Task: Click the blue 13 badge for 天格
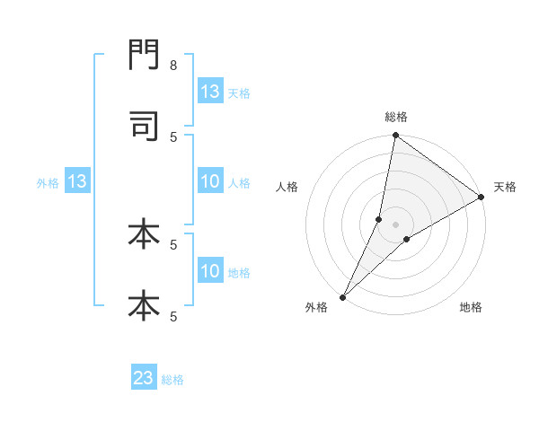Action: click(x=210, y=92)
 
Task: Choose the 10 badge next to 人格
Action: click(x=210, y=181)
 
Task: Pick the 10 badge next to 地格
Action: click(x=210, y=271)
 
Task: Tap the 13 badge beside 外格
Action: click(x=77, y=181)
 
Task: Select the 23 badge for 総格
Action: click(x=144, y=378)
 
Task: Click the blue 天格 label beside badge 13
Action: click(x=239, y=92)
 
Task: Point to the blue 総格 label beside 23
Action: click(x=172, y=379)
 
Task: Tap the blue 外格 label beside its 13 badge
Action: click(x=48, y=182)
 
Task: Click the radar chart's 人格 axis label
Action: click(x=287, y=187)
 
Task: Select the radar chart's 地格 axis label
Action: click(x=471, y=307)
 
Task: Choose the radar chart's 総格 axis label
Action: click(x=396, y=117)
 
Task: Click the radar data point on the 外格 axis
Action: click(x=343, y=296)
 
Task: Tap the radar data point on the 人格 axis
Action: click(x=379, y=219)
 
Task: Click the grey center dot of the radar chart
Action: click(x=396, y=224)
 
